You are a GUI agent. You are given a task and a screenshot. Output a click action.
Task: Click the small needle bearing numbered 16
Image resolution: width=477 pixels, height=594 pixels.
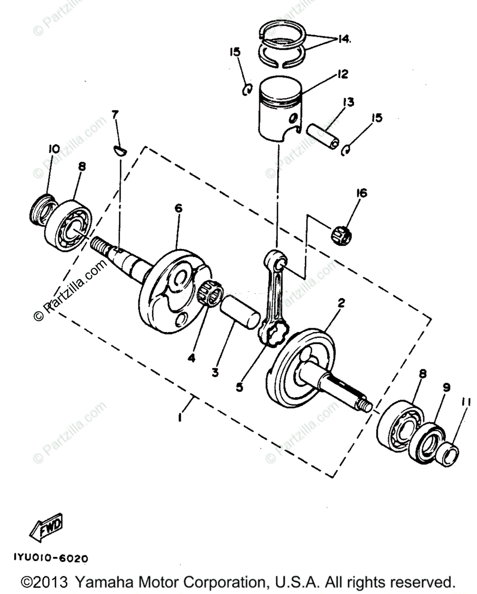[x=341, y=234]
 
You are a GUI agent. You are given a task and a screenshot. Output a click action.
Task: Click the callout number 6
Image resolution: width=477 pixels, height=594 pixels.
[x=178, y=209]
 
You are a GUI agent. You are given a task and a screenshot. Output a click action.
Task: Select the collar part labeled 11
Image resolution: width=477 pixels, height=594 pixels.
[x=450, y=454]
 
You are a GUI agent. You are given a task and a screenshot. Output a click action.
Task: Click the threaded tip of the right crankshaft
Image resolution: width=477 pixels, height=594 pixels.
[x=367, y=405]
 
